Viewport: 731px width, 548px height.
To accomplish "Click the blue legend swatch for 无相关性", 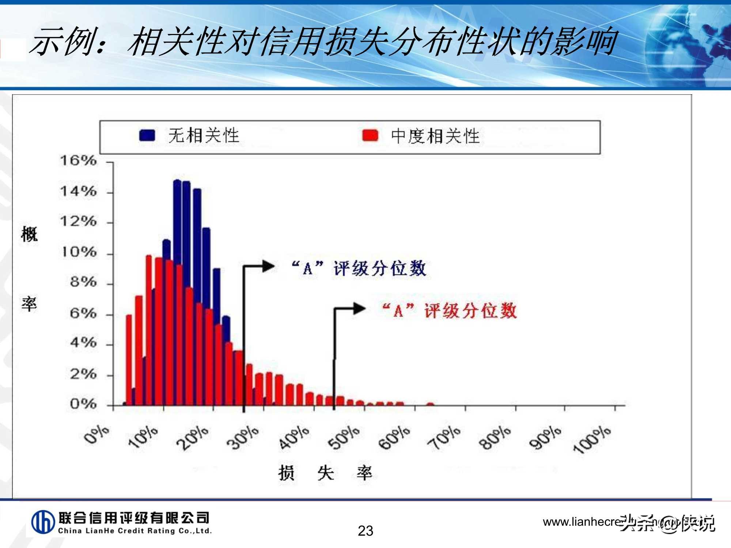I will (x=147, y=135).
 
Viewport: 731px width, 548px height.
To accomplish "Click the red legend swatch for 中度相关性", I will (x=370, y=136).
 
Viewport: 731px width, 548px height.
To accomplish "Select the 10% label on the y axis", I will (x=78, y=252).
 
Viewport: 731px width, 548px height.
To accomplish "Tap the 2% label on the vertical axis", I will (x=83, y=374).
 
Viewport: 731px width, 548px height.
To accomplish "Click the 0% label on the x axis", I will (x=96, y=435).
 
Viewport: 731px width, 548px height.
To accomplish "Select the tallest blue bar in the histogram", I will (x=177, y=292).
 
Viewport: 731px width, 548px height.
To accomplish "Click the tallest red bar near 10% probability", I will (x=149, y=329).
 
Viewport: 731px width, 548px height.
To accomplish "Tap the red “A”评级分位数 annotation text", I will (x=450, y=311).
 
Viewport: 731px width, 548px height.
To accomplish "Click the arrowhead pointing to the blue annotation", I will (x=269, y=266).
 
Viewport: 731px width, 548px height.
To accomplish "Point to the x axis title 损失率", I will (x=325, y=473).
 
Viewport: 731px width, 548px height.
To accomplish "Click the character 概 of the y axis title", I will (x=29, y=234).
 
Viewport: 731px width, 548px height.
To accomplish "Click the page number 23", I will (x=365, y=531).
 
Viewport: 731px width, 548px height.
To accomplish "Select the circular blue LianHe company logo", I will (x=43, y=522).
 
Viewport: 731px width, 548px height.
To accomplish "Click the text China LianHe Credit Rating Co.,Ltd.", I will (x=135, y=531).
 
